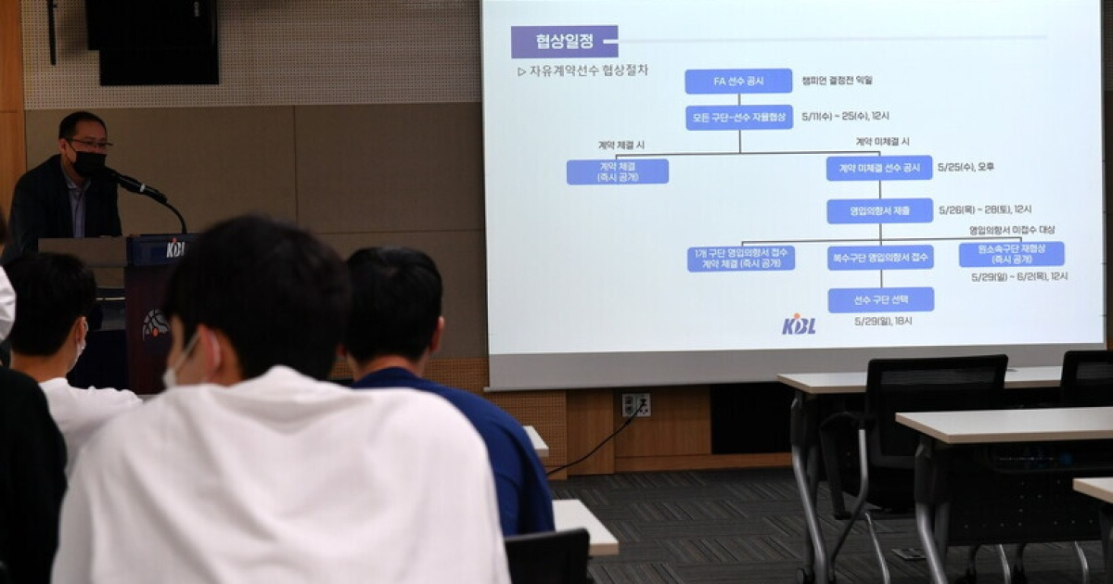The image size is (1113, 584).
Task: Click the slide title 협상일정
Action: [x=564, y=41]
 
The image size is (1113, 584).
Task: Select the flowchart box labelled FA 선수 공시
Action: [x=738, y=82]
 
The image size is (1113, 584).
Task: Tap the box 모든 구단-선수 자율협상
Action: [x=739, y=118]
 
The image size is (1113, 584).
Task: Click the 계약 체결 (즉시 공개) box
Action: [x=618, y=171]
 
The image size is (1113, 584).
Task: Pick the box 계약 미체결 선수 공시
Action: [x=879, y=168]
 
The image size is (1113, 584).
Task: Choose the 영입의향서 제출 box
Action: [x=879, y=210]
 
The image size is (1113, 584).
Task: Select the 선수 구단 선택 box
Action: [x=880, y=299]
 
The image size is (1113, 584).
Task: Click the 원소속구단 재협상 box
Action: [x=1011, y=254]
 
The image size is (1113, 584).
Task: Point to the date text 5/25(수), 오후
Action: [x=966, y=167]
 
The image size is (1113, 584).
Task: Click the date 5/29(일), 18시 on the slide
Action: [x=883, y=321]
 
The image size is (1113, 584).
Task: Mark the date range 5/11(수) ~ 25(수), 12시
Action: [x=845, y=117]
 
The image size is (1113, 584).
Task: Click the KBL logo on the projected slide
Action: [x=799, y=324]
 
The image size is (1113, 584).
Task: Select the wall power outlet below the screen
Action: [x=635, y=404]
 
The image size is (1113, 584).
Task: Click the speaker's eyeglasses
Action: [x=90, y=144]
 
